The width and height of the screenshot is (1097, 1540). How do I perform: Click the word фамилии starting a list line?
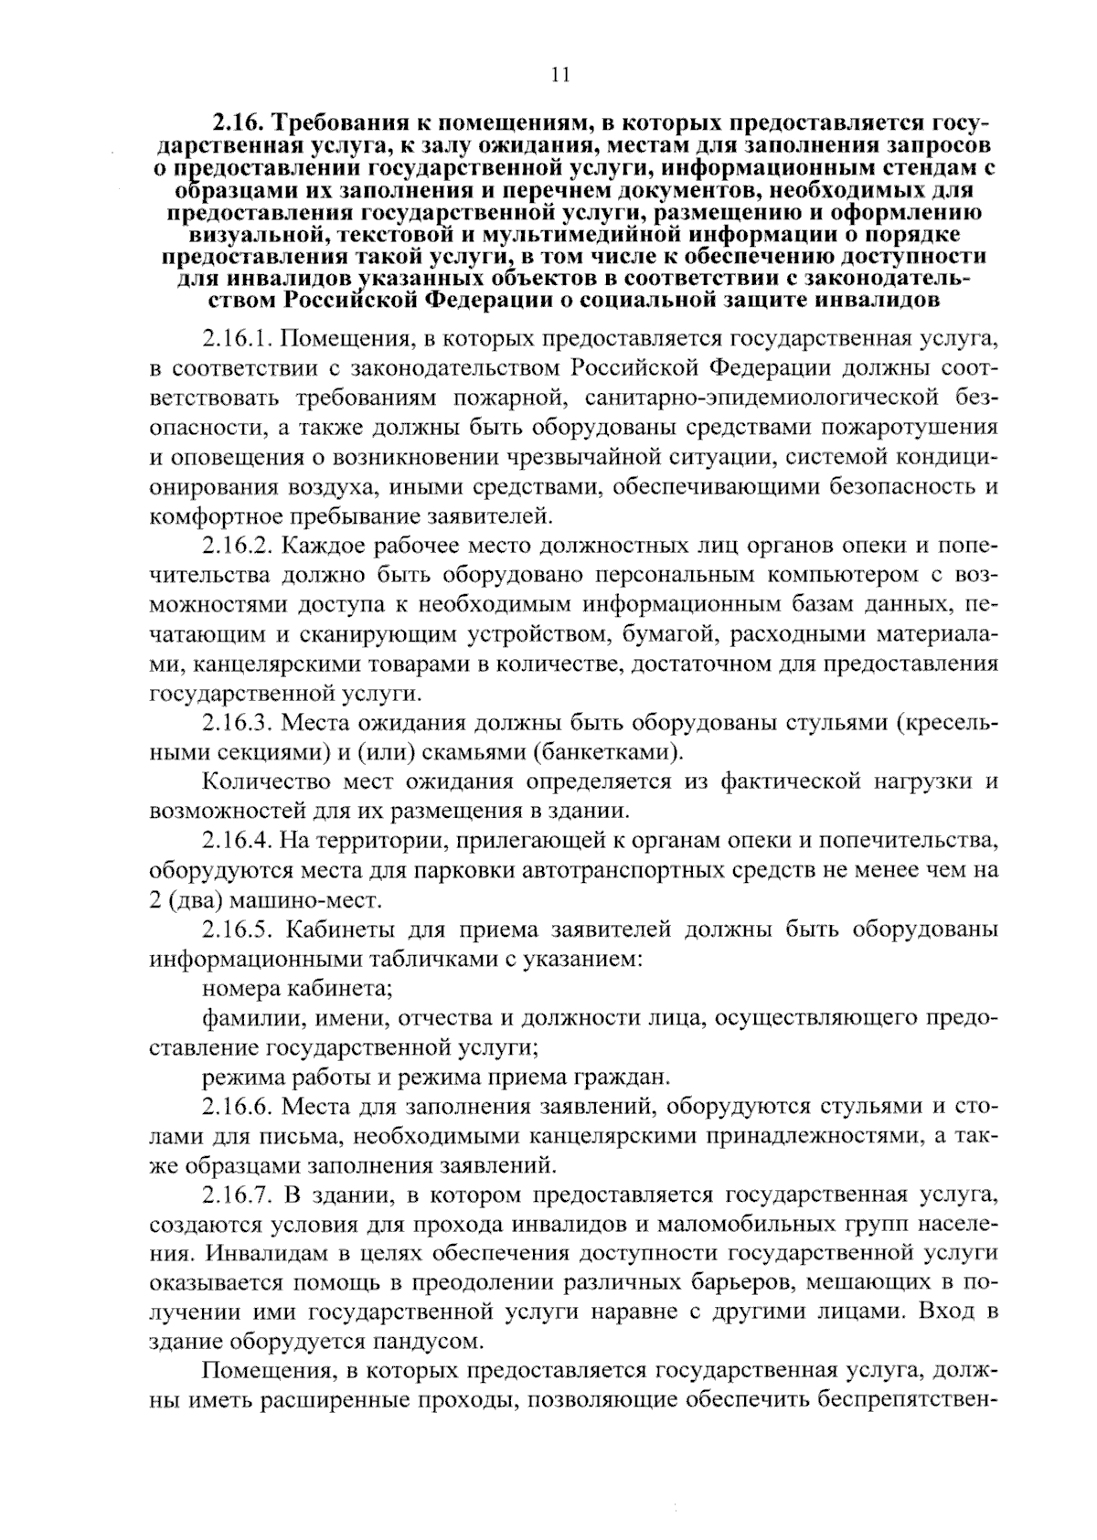[240, 1017]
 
